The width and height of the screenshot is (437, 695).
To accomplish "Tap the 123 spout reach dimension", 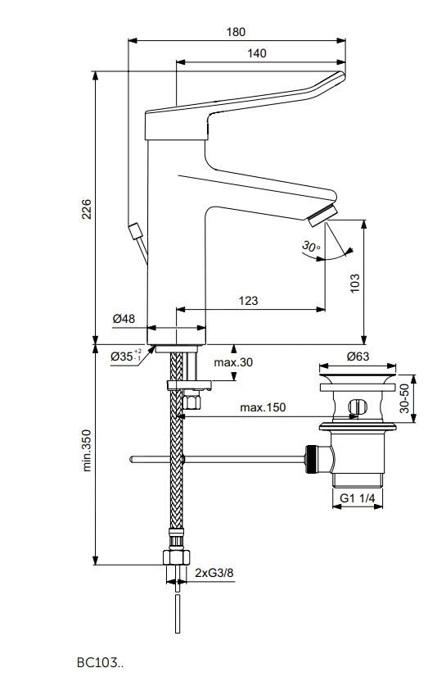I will pyautogui.click(x=249, y=301).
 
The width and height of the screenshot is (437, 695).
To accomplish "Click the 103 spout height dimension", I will pyautogui.click(x=355, y=283).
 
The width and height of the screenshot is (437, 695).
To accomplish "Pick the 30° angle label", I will pyautogui.click(x=310, y=246).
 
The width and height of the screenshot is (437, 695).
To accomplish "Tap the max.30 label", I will pyautogui.click(x=232, y=363).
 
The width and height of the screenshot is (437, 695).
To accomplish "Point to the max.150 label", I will pyautogui.click(x=263, y=407).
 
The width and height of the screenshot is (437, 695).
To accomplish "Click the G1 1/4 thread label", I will pyautogui.click(x=358, y=497).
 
